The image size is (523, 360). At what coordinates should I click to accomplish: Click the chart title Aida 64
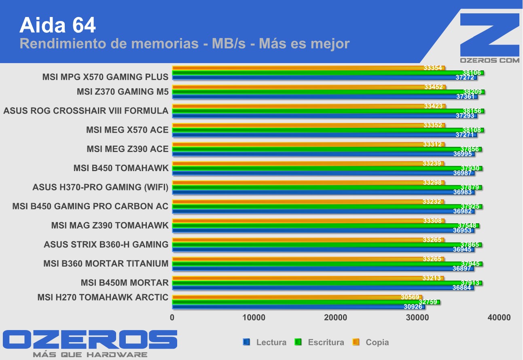[57, 25]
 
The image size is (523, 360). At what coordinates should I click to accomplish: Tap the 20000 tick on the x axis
[335, 318]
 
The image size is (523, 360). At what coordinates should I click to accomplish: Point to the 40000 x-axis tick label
[498, 318]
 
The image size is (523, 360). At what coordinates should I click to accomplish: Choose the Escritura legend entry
[326, 342]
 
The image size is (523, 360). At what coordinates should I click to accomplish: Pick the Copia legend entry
[377, 342]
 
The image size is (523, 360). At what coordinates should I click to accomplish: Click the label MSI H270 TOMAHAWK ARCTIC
[103, 297]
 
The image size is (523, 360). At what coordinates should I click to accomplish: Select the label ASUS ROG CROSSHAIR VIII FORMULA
[86, 110]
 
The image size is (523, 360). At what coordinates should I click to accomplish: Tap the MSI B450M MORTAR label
[125, 282]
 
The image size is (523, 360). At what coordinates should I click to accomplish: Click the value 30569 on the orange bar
[410, 297]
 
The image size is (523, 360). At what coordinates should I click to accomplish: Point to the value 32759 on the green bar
[428, 302]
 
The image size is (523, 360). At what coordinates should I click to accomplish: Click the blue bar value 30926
[413, 307]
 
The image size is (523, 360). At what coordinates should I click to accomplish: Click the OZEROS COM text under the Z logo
[489, 60]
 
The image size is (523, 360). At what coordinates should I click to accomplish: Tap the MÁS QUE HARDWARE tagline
[90, 355]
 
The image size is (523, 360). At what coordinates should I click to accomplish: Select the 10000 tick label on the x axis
[254, 318]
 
